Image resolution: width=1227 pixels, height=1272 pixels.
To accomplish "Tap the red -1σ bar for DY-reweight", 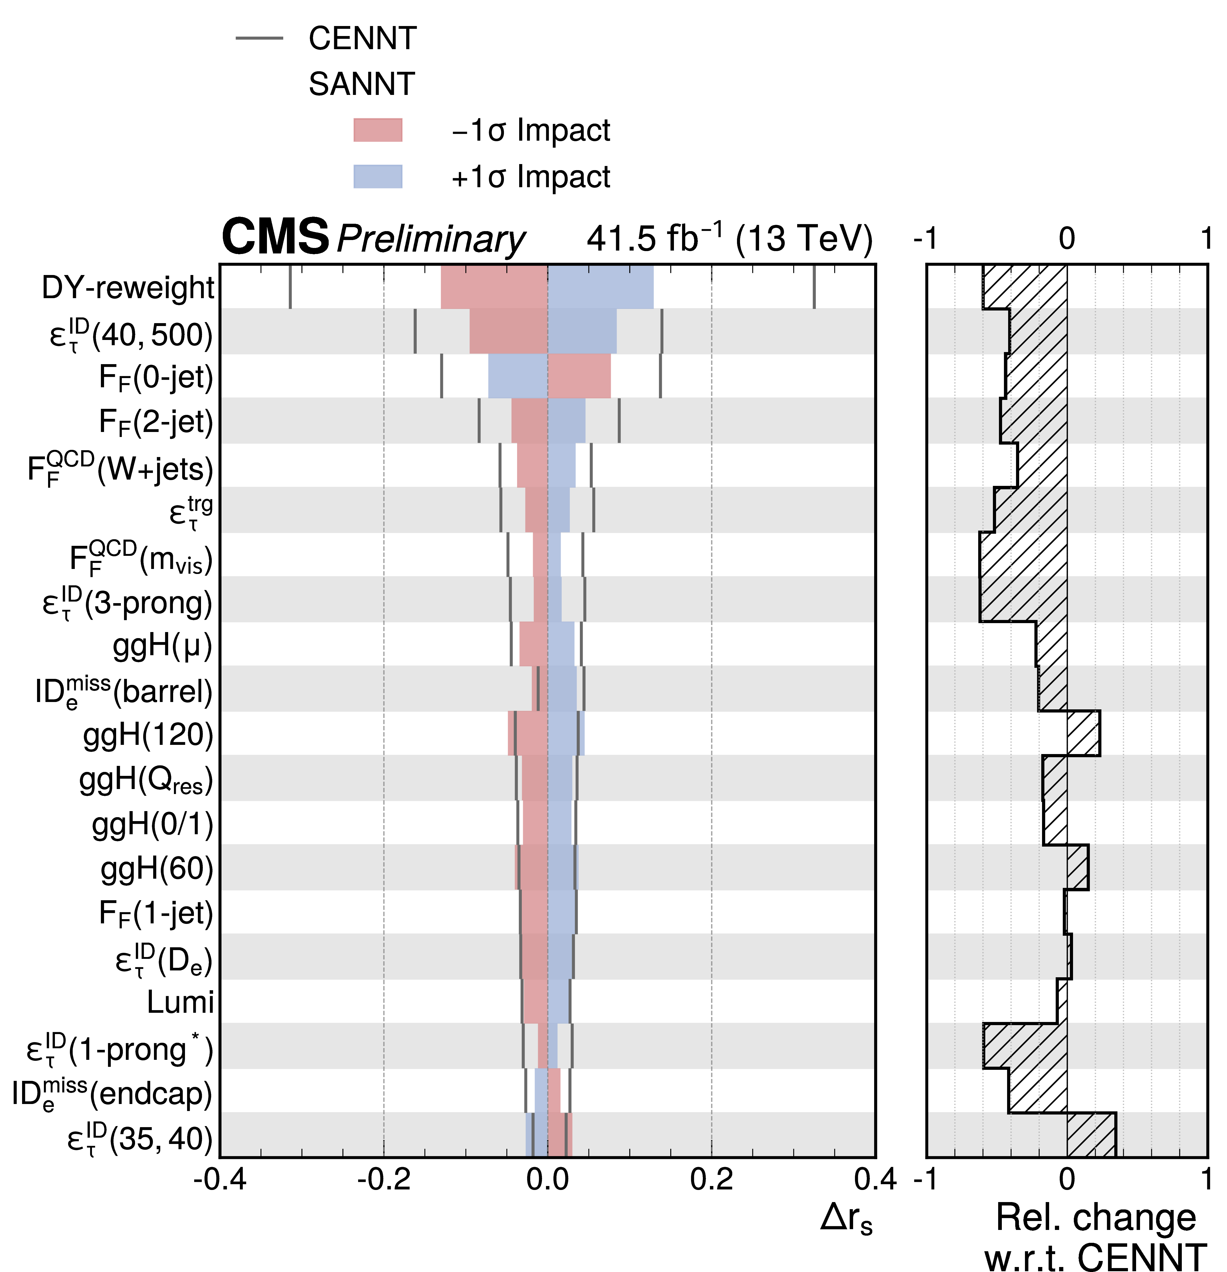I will [494, 287].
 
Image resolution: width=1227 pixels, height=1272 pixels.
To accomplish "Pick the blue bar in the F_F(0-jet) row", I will [518, 376].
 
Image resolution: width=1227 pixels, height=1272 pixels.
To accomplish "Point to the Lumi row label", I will [180, 1002].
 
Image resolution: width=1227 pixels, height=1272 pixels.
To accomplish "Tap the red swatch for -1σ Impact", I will [378, 130].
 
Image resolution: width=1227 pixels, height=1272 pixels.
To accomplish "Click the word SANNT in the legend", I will [361, 84].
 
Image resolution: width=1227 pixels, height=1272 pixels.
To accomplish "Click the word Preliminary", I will [431, 239].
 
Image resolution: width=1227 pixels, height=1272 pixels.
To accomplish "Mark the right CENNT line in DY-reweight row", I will [814, 287].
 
